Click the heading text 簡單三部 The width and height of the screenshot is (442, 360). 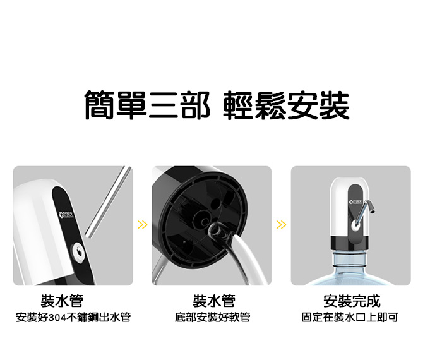pyautogui.click(x=147, y=105)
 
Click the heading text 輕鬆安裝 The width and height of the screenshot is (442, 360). pyautogui.click(x=287, y=105)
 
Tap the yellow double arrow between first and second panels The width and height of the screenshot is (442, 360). pyautogui.click(x=143, y=225)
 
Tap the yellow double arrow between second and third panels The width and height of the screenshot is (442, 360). pyautogui.click(x=282, y=225)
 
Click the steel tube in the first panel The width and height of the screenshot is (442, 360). pyautogui.click(x=108, y=202)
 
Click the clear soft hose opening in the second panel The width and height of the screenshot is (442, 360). pyautogui.click(x=216, y=230)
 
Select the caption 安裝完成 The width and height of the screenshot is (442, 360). pyautogui.click(x=352, y=301)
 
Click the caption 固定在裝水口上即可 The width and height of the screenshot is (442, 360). pyautogui.click(x=350, y=318)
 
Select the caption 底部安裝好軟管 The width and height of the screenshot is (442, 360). pyautogui.click(x=213, y=318)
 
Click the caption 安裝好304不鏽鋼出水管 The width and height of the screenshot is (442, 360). pyautogui.click(x=73, y=318)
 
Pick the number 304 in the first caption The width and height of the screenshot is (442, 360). pyautogui.click(x=57, y=318)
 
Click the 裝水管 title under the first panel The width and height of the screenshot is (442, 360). pyautogui.click(x=62, y=301)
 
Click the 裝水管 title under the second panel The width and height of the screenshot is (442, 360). pyautogui.click(x=214, y=301)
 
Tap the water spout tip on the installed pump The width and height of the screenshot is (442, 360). pyautogui.click(x=373, y=210)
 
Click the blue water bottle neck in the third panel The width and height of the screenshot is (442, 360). pyautogui.click(x=350, y=260)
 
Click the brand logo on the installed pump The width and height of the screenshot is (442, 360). pyautogui.click(x=355, y=202)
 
